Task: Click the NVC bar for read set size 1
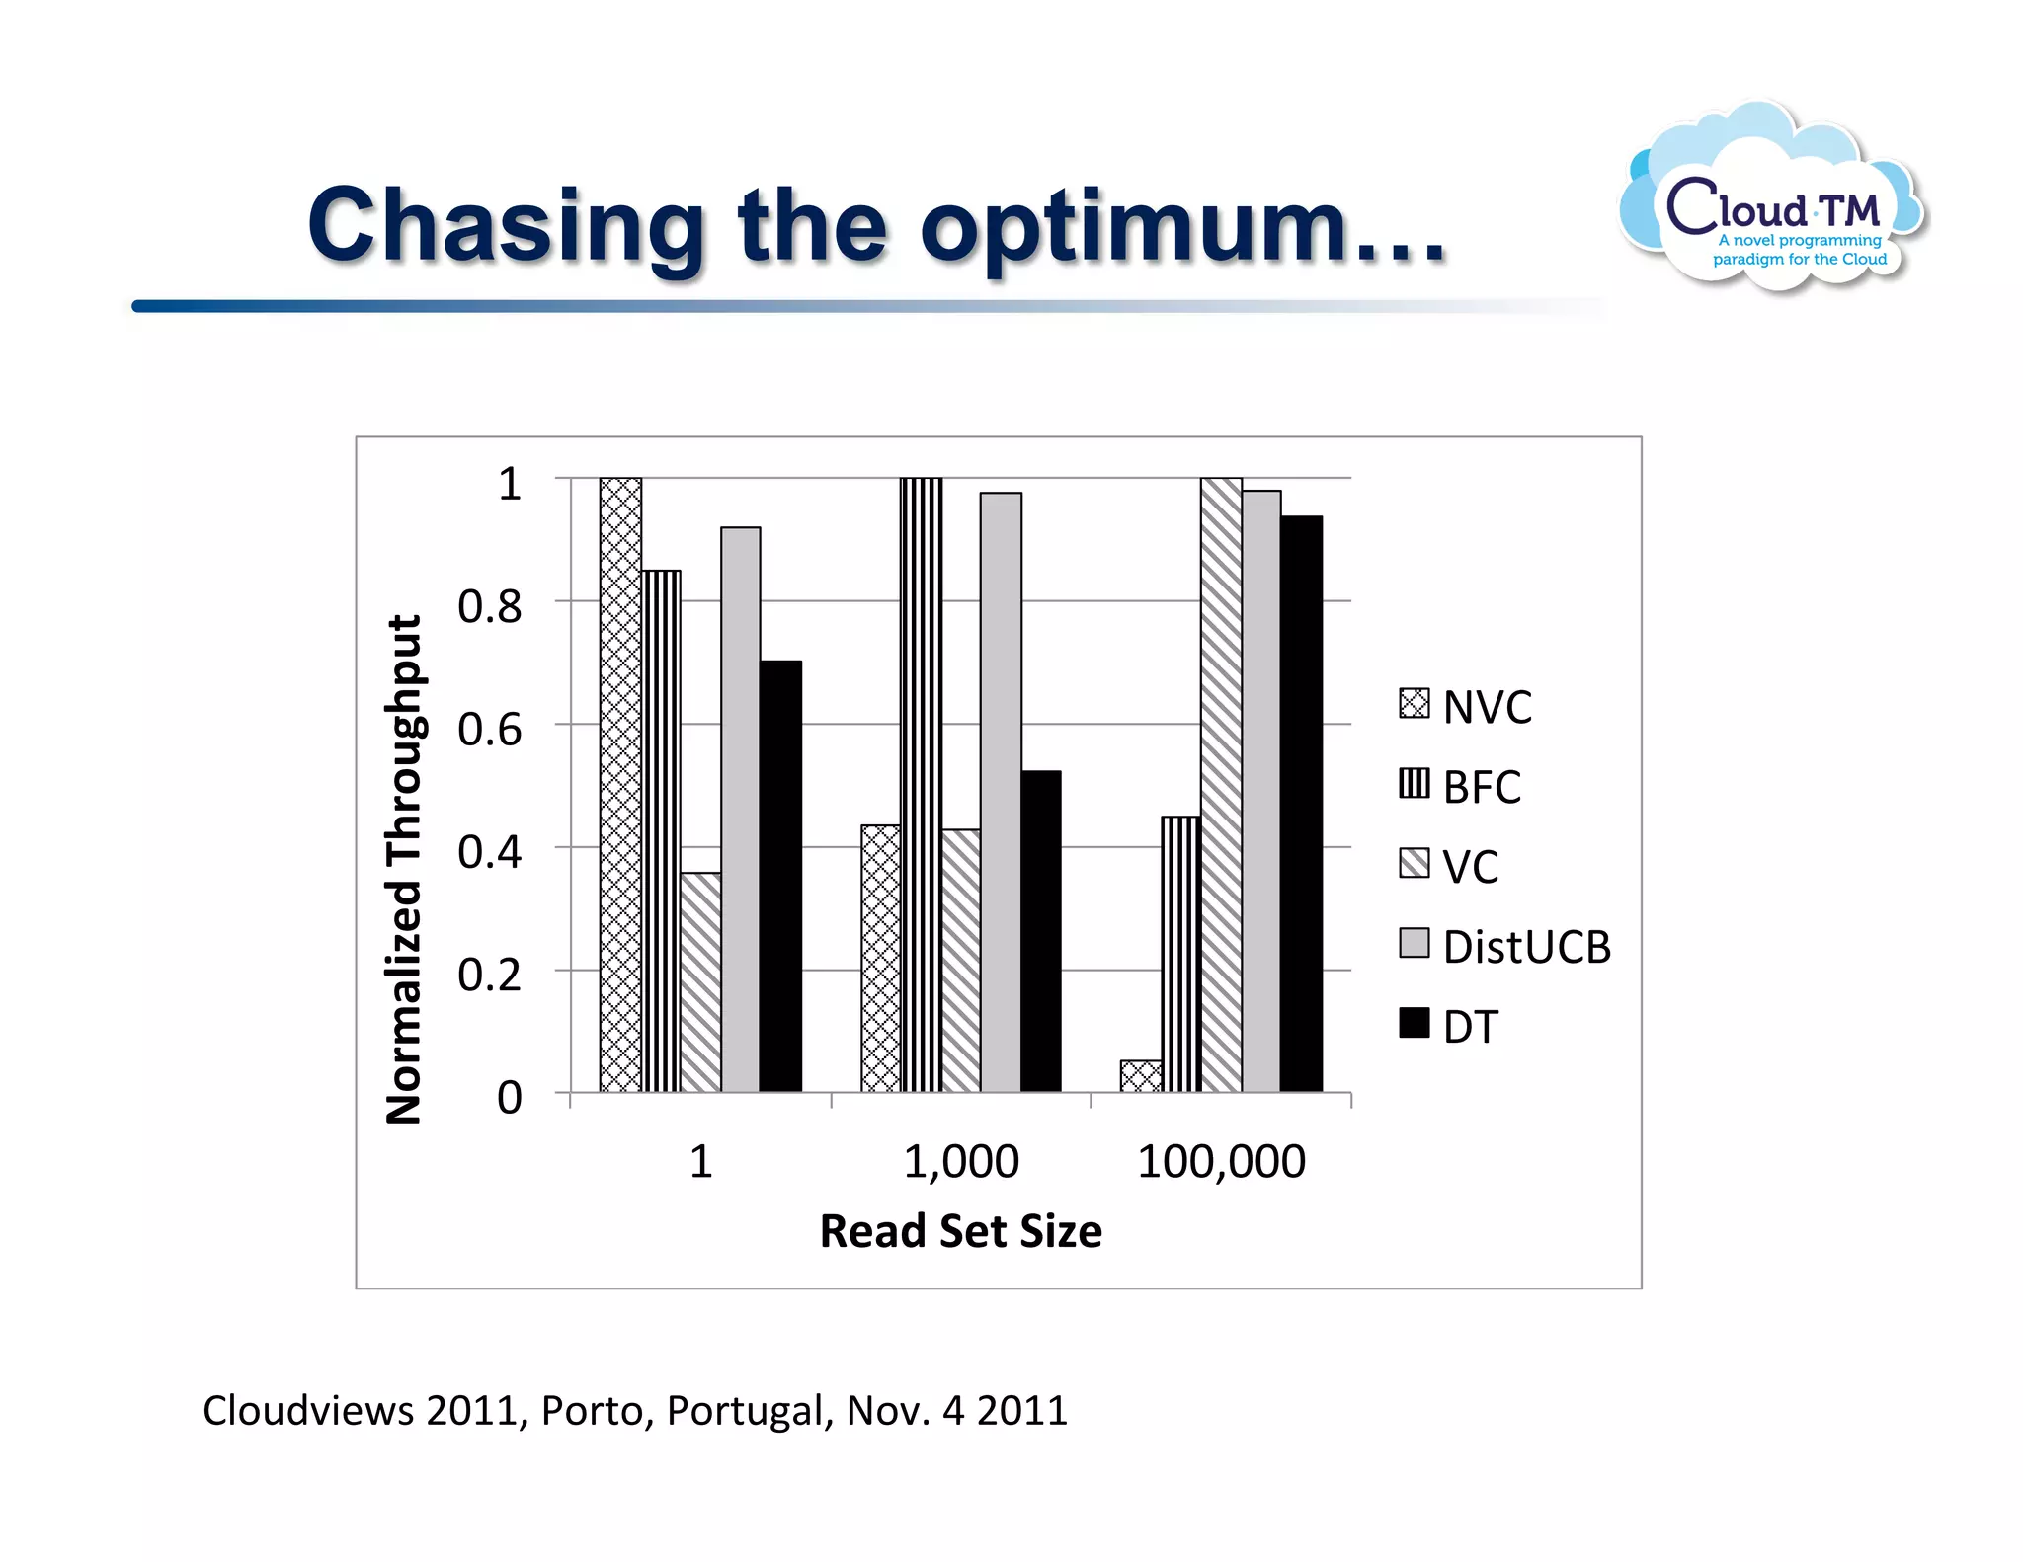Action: [620, 785]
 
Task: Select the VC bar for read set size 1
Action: [700, 982]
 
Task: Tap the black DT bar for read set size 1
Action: [780, 876]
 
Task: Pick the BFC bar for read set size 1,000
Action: [921, 785]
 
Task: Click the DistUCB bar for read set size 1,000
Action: [1001, 792]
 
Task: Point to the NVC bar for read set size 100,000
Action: [1141, 1076]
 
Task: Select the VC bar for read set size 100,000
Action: [1221, 785]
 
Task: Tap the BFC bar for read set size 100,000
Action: [1181, 954]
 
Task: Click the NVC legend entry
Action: [1465, 707]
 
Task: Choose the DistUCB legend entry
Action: [1504, 946]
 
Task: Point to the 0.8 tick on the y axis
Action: [490, 606]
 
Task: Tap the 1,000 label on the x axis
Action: [961, 1161]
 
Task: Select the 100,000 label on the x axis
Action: [1221, 1161]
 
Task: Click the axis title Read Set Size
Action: [961, 1231]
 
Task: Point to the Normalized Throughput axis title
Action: [404, 869]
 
